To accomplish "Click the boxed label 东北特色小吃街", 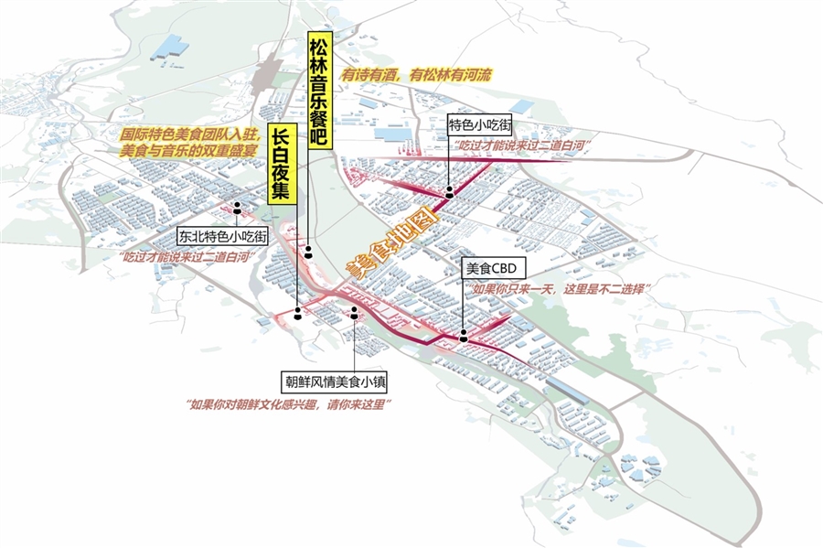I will tap(223, 235).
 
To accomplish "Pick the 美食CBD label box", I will tap(493, 269).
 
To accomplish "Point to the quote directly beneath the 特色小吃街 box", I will tap(518, 146).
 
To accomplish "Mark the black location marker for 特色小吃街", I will tap(450, 194).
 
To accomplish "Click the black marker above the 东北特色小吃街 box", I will tap(237, 206).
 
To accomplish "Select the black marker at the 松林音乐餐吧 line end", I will tap(309, 250).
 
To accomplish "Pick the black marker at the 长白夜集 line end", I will tap(298, 315).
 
